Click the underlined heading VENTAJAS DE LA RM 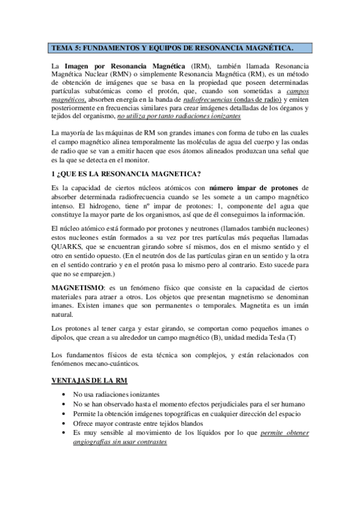[87, 382]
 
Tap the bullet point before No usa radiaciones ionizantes [63, 393]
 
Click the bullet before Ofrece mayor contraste [63, 423]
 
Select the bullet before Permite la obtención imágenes [63, 413]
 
